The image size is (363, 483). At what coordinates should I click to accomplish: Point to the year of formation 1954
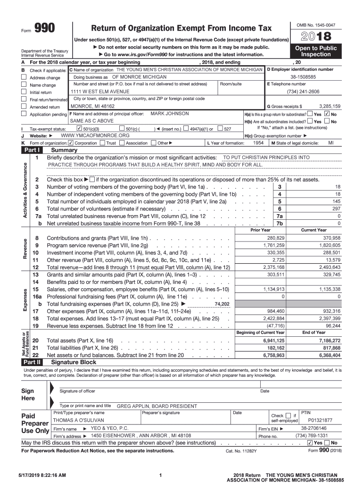(x=258, y=142)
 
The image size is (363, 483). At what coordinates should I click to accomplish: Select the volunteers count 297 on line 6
(x=336, y=208)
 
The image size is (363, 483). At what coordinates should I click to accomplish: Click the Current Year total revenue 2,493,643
(x=329, y=267)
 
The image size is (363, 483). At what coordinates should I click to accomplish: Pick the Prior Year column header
(x=260, y=230)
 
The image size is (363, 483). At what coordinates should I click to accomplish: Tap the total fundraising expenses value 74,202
(x=222, y=304)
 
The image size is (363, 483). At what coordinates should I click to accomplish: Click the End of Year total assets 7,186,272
(x=329, y=341)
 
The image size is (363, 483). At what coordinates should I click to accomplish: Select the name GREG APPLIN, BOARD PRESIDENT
(x=157, y=406)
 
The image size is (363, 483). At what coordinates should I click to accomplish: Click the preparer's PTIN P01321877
(x=320, y=420)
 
